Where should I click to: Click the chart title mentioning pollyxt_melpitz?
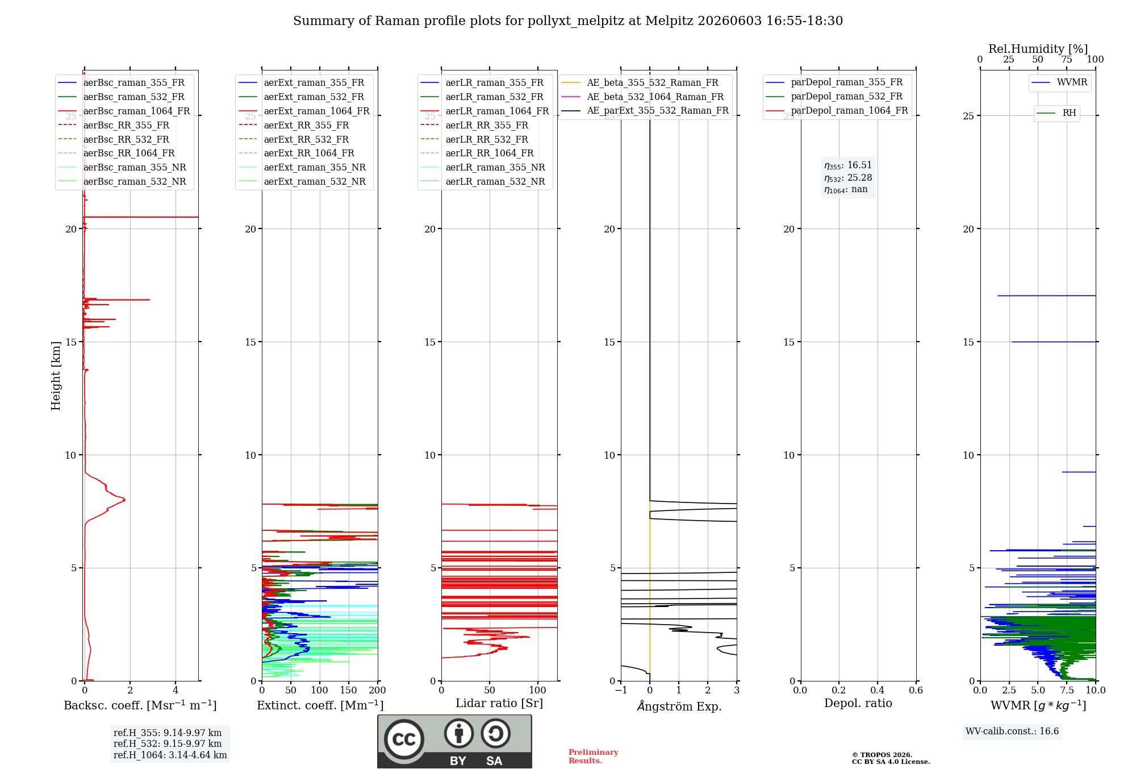[x=568, y=21]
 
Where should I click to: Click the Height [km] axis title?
[x=56, y=376]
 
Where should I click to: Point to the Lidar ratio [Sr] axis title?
[x=499, y=703]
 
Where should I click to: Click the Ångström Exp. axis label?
[x=679, y=706]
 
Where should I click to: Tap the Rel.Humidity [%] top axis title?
[x=1038, y=49]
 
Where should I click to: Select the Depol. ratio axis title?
[x=858, y=703]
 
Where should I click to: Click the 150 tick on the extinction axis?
[x=348, y=690]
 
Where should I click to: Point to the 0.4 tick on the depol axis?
[x=878, y=690]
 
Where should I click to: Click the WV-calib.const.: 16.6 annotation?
[x=1012, y=731]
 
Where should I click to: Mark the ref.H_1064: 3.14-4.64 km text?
[x=170, y=755]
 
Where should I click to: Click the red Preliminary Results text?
[x=594, y=757]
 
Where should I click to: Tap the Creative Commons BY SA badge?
[x=454, y=741]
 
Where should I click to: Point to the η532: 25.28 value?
[x=848, y=178]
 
